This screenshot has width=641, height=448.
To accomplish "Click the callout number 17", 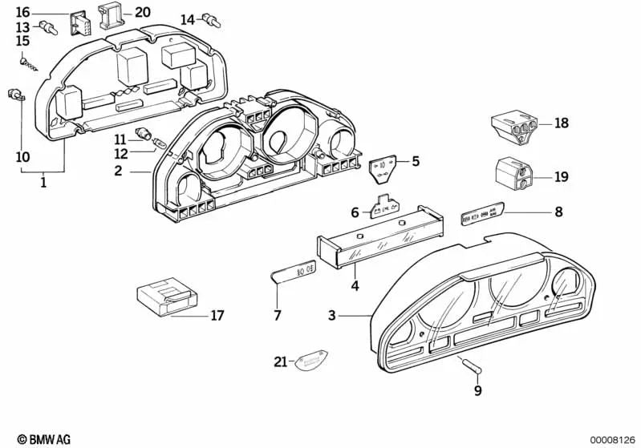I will [x=217, y=316].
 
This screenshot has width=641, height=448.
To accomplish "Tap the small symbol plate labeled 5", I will [x=383, y=168].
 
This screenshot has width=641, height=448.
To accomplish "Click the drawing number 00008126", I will [x=613, y=439].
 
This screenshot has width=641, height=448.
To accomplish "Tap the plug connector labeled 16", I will [x=79, y=23].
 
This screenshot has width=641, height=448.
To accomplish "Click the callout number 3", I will [x=331, y=317].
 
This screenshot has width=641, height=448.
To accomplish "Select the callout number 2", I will [x=118, y=171].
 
